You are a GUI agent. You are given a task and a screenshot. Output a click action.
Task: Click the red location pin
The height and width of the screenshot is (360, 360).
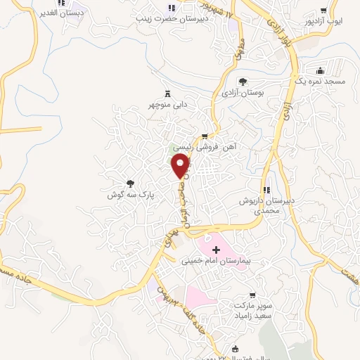coord(181,166)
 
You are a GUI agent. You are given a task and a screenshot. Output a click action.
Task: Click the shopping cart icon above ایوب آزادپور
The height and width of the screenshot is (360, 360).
coord(323,11)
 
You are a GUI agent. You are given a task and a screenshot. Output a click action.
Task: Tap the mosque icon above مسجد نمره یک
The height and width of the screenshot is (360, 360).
coord(321,70)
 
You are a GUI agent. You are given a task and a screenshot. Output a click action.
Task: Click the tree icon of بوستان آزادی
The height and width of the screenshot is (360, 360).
coord(243,81)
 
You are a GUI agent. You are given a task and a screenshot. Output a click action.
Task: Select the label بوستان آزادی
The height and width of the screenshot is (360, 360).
coord(241,92)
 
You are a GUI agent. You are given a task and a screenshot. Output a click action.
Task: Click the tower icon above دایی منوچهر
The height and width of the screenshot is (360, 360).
coord(167,93)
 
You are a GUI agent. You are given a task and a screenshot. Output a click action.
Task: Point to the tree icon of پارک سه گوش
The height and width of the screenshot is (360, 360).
coord(129,182)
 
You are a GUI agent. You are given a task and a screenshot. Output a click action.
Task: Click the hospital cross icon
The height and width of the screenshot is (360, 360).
coord(215,249)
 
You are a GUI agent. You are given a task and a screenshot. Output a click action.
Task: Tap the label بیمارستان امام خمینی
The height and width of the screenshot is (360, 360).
coord(216,260)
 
